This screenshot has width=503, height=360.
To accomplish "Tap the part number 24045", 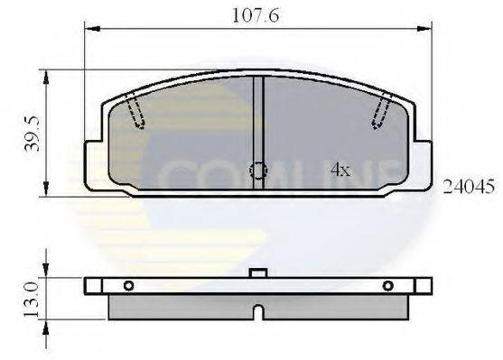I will [x=467, y=188].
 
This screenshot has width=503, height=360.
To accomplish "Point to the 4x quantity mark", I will [x=340, y=169].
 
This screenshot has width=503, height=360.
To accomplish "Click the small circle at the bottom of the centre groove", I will [x=258, y=170].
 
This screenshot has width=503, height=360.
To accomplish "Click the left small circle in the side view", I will [x=128, y=286].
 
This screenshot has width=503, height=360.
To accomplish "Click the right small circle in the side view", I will [x=388, y=286].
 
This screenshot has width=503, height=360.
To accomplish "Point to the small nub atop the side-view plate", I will [x=258, y=272].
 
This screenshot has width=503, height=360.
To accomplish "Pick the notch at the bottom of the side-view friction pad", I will [x=258, y=313].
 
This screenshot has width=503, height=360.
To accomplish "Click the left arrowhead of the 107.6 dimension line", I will [x=88, y=30].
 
